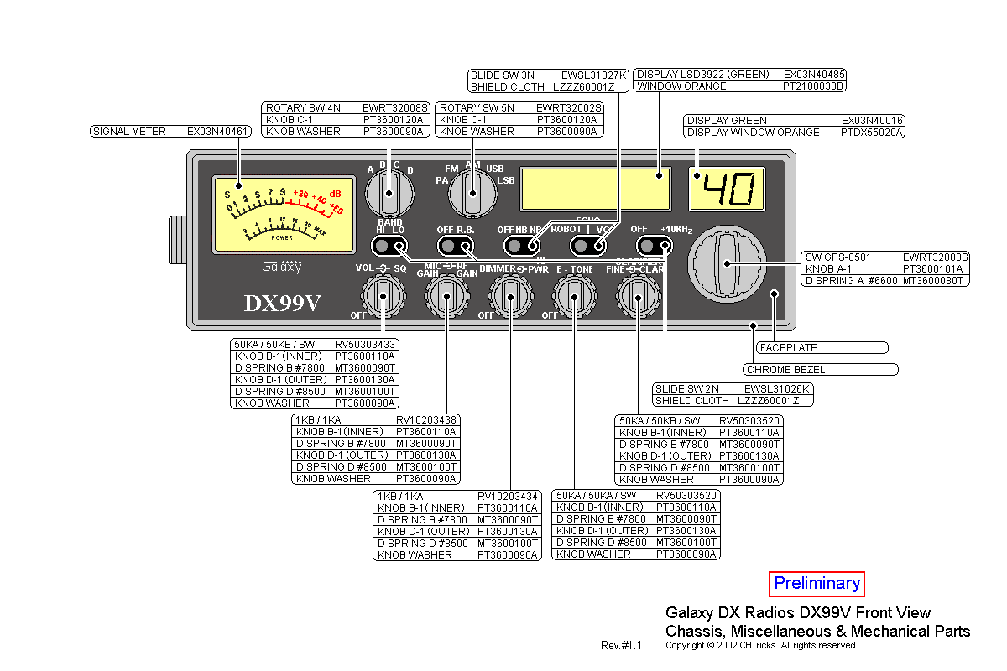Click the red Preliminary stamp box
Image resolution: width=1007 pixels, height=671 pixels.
817,584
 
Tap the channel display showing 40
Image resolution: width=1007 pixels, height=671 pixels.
728,189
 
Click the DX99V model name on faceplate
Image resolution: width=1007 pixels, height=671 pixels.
282,303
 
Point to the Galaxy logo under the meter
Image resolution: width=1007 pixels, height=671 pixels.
281,268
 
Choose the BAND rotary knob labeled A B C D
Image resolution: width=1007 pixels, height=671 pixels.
389,195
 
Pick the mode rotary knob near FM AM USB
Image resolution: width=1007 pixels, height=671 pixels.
472,195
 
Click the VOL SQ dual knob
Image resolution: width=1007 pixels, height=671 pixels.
383,295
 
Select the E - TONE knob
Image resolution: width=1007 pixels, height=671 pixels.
574,295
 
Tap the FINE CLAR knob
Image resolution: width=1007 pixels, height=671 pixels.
639,295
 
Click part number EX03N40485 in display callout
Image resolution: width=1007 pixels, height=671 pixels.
814,75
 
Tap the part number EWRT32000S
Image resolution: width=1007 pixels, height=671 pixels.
936,257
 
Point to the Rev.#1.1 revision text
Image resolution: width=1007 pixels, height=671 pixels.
621,646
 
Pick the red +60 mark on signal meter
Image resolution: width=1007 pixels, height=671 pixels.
336,208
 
